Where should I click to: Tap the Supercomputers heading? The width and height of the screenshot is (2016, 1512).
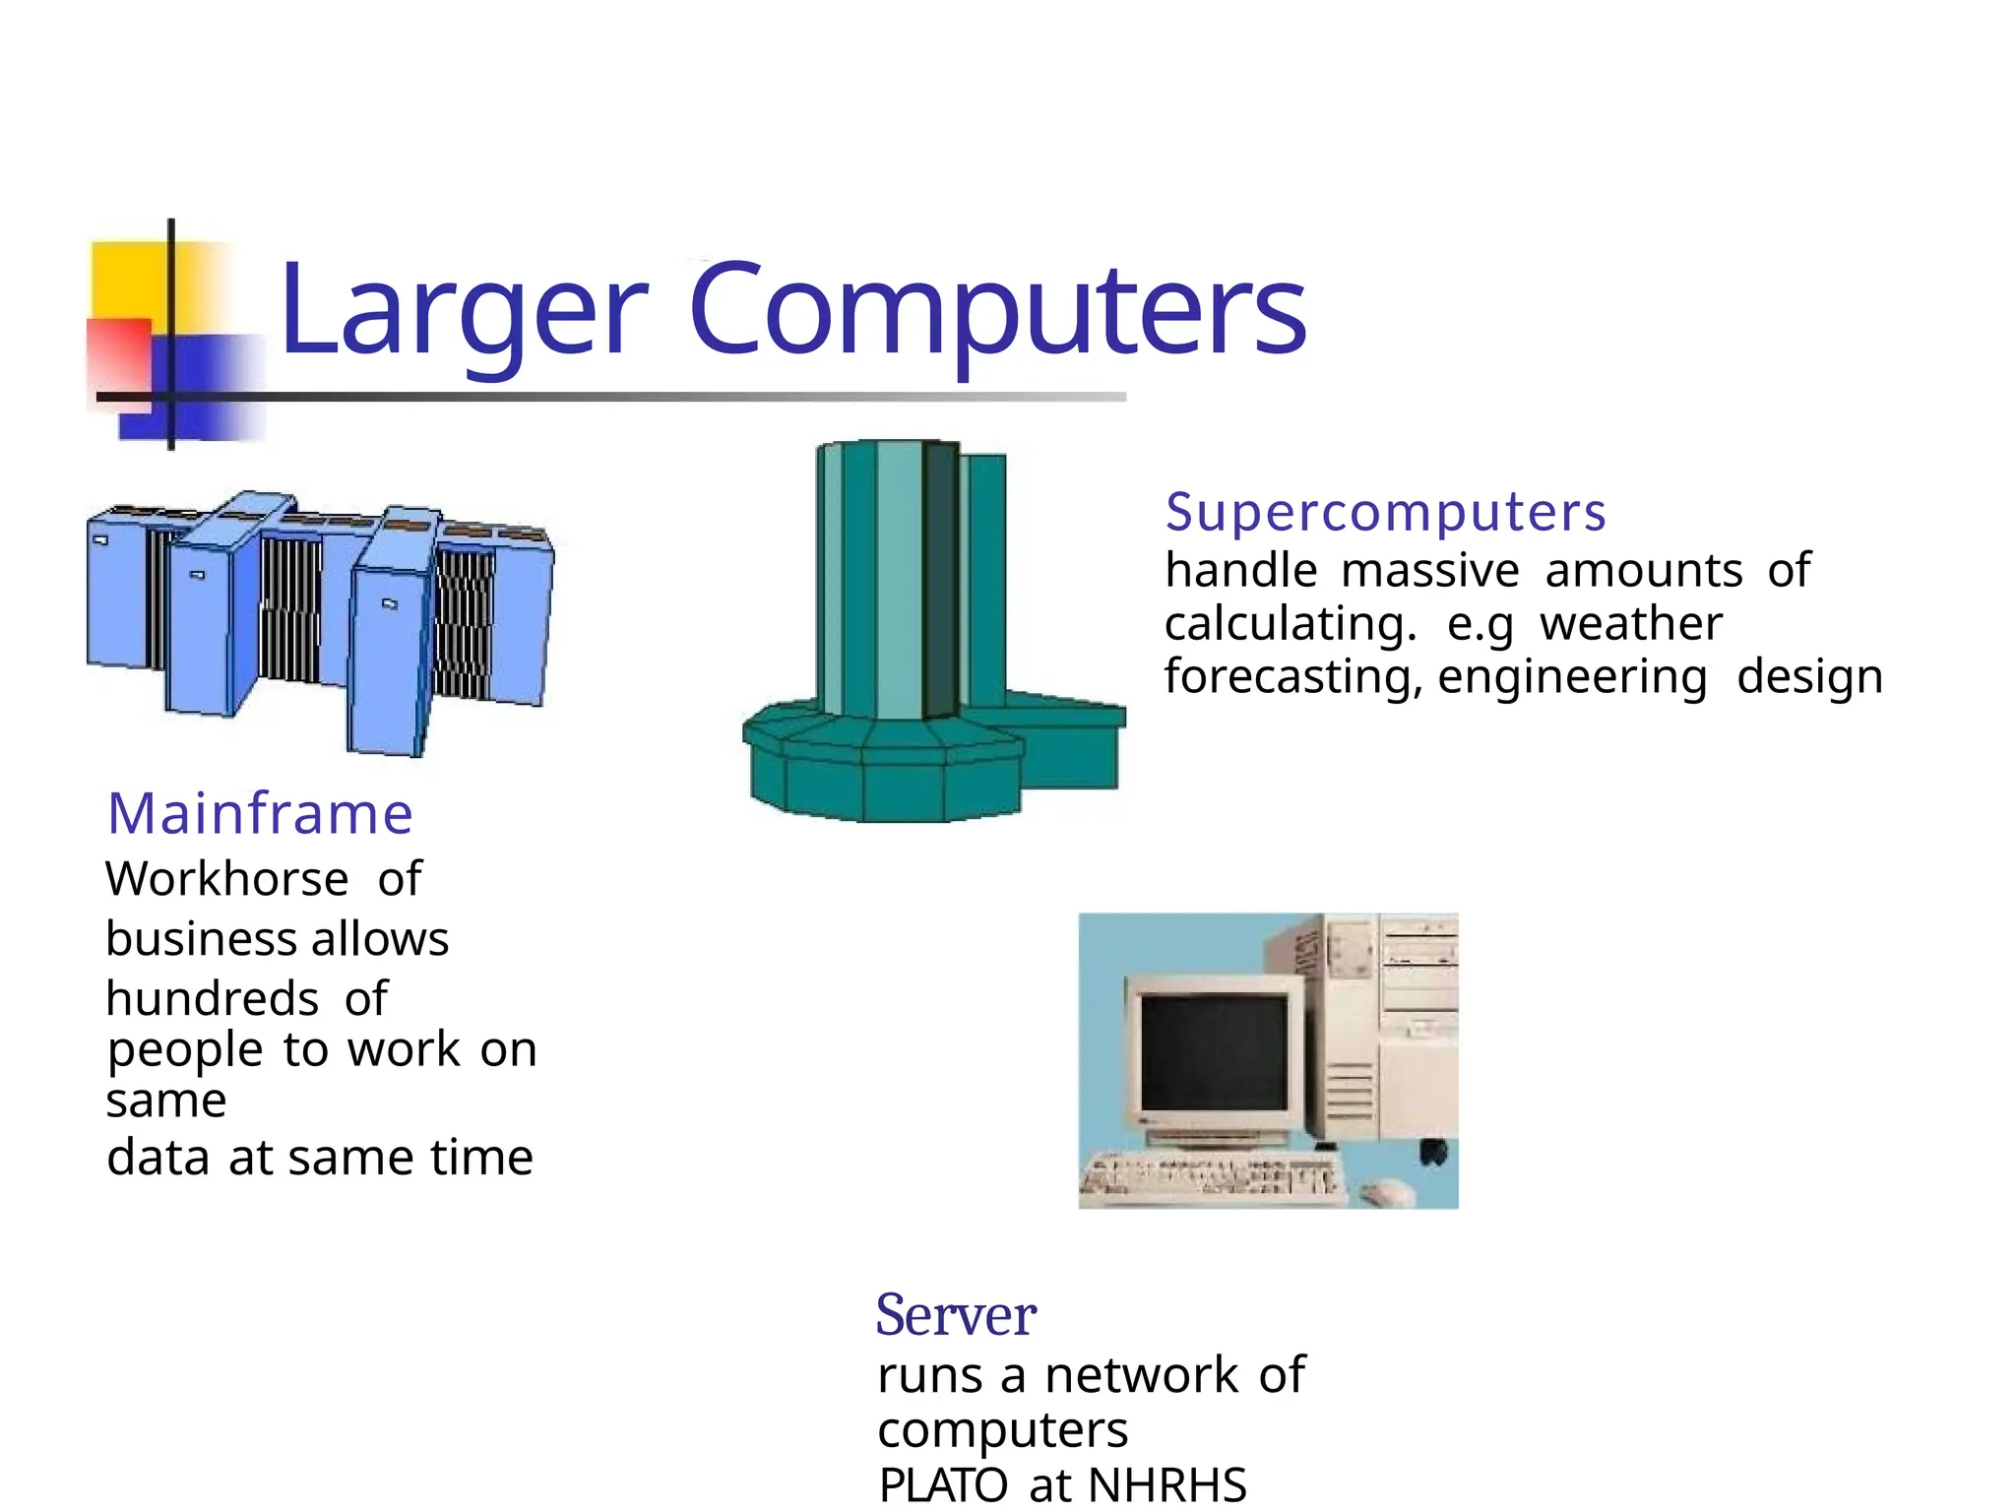[x=1385, y=513]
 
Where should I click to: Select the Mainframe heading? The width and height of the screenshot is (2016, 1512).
[x=260, y=814]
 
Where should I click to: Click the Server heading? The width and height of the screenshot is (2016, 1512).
[x=955, y=1316]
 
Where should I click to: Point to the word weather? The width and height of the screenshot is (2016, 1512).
[x=1631, y=624]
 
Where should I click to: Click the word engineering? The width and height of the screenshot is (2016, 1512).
[x=1572, y=678]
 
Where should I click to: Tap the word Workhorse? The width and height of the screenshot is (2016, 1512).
[x=227, y=879]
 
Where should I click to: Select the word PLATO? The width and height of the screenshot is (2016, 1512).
[x=942, y=1485]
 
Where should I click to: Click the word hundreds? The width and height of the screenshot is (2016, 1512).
[x=213, y=999]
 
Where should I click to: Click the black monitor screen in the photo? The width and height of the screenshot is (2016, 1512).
[x=1214, y=1052]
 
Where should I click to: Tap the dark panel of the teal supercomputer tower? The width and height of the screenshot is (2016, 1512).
[x=940, y=581]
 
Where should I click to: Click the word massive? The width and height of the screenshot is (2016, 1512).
[x=1430, y=571]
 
